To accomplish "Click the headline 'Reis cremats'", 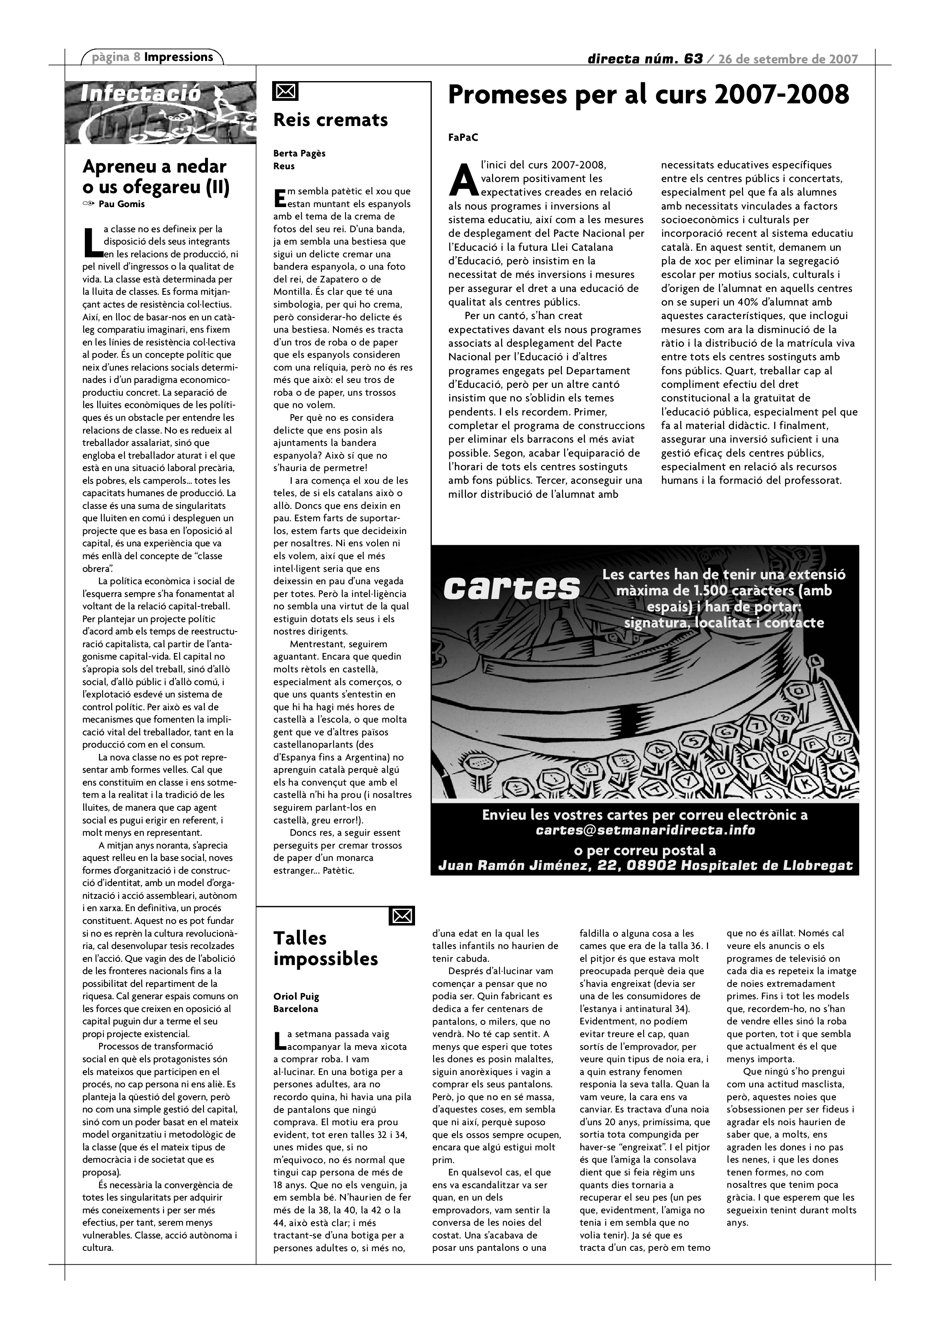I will pyautogui.click(x=331, y=120).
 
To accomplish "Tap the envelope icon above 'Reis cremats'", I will pyautogui.click(x=285, y=91).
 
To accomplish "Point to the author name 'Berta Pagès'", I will pyautogui.click(x=299, y=154).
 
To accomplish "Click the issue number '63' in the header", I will pyautogui.click(x=693, y=58).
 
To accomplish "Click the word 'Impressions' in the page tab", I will pyautogui.click(x=178, y=57).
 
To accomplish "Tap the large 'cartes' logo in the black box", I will pyautogui.click(x=512, y=588).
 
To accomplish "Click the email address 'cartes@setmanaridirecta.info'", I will pyautogui.click(x=645, y=830).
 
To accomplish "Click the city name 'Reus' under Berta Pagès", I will pyautogui.click(x=284, y=166).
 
